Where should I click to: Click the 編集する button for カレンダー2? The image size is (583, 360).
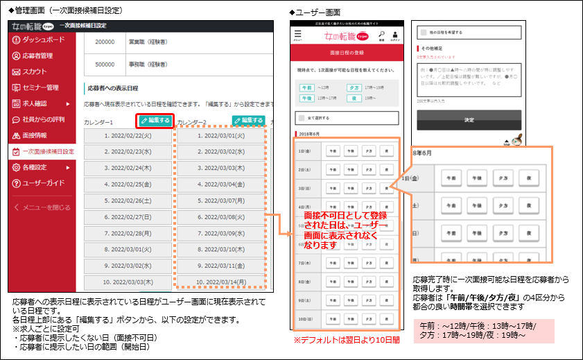click(248, 121)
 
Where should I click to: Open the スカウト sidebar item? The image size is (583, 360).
click(35, 71)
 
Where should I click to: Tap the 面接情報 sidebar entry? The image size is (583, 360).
click(35, 135)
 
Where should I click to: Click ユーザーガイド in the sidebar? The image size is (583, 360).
click(44, 183)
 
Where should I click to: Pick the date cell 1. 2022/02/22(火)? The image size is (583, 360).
click(128, 135)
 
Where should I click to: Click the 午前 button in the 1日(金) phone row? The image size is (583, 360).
click(333, 150)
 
